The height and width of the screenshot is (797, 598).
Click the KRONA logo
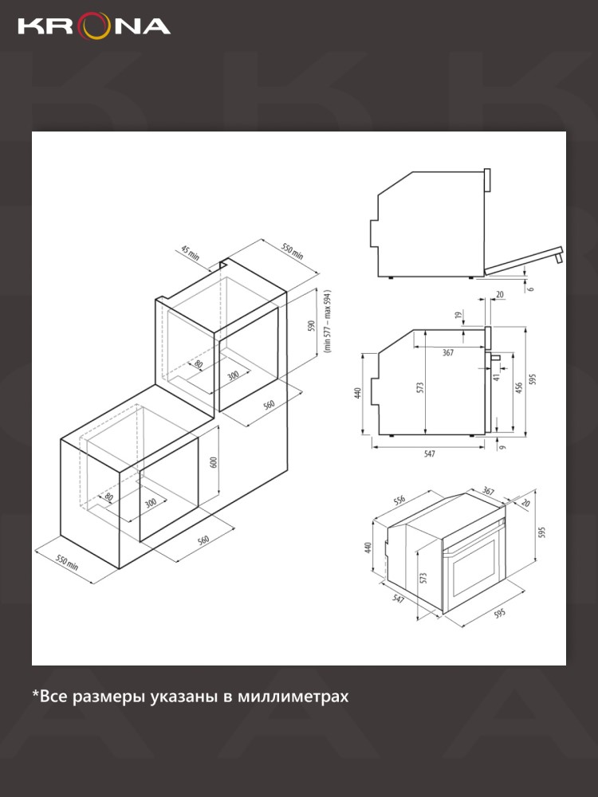[94, 27]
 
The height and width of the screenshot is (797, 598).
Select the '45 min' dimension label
[191, 252]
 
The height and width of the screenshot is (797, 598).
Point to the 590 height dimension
[312, 325]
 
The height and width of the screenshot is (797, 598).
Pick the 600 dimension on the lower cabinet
[214, 462]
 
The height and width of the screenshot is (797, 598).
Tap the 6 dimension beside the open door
[531, 289]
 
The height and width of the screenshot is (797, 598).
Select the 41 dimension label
[497, 376]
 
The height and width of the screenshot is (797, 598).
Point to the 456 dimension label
[519, 388]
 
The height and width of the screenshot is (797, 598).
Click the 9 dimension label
[502, 447]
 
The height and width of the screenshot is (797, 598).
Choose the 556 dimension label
[399, 500]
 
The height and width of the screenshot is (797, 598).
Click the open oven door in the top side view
[524, 261]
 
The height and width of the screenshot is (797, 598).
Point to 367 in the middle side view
[447, 353]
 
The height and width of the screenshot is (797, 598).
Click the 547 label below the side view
[430, 454]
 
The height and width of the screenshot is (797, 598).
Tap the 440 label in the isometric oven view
[368, 548]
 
